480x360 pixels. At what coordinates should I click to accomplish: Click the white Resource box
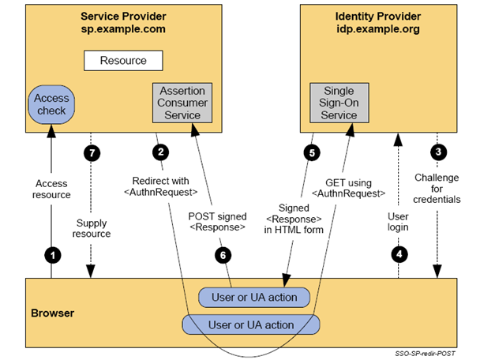point(123,61)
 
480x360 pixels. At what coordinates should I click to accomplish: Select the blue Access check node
point(51,105)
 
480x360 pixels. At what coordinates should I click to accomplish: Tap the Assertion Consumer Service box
point(182,103)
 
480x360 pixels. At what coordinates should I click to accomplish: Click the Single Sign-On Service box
point(339,103)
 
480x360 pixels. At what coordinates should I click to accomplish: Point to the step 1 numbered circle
point(53,255)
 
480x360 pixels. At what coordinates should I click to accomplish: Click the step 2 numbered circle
point(161,152)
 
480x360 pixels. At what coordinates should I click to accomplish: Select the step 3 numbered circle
point(438,152)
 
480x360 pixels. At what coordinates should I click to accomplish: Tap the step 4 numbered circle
point(399,254)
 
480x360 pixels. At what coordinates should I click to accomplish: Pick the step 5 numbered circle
point(312,152)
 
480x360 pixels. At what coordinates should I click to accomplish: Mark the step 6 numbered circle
point(223,255)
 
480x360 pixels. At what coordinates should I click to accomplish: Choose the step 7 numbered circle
point(92,152)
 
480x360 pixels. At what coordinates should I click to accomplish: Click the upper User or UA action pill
point(254,298)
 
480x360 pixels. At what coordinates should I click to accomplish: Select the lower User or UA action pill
point(251,324)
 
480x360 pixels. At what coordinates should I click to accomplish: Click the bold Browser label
point(53,313)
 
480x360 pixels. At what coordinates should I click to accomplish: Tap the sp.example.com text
point(123,29)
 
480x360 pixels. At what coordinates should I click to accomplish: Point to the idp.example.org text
point(378,29)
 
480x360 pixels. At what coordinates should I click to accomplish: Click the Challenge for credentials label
point(437,189)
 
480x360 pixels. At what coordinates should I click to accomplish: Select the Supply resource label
point(92,228)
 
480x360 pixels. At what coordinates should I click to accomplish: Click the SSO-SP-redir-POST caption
point(425,354)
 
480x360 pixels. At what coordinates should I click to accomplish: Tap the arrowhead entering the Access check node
point(51,131)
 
